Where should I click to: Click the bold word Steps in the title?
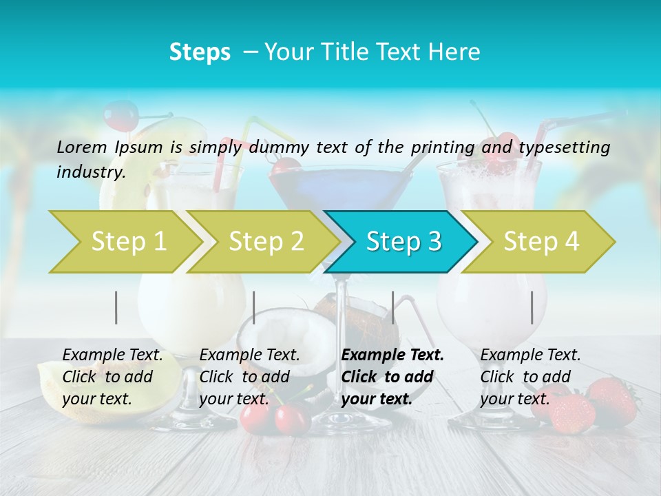tap(200, 52)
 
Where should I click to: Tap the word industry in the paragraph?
tap(90, 172)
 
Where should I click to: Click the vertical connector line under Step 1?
tap(116, 307)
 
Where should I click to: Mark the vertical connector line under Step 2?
tap(254, 307)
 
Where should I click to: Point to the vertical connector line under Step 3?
tap(392, 307)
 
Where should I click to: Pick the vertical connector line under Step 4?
tap(532, 307)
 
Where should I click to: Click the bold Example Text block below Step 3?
tap(392, 377)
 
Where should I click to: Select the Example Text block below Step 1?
tap(112, 377)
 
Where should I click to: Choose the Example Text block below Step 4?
tap(530, 377)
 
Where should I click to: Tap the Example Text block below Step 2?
tap(249, 377)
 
